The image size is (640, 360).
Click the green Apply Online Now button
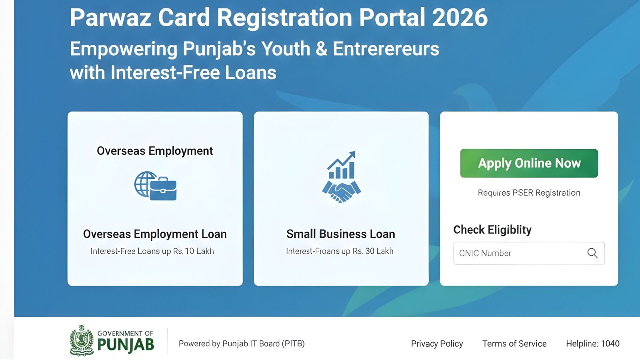529,163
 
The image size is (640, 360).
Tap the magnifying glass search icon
592,253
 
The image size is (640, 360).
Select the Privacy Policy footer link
437,344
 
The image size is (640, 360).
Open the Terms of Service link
514,344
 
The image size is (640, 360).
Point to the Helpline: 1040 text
592,344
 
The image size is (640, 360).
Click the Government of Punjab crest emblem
82,340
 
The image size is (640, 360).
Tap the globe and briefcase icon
156,186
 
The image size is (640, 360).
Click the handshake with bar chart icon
341,177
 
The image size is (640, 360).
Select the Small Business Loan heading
341,234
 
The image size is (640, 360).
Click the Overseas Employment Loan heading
155,234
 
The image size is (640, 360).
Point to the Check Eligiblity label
492,230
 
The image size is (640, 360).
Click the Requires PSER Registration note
529,193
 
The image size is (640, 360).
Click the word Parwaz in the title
110,18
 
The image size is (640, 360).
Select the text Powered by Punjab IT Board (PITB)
242,344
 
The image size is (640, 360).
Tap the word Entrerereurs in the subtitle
386,49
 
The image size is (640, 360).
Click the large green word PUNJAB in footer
126,345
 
